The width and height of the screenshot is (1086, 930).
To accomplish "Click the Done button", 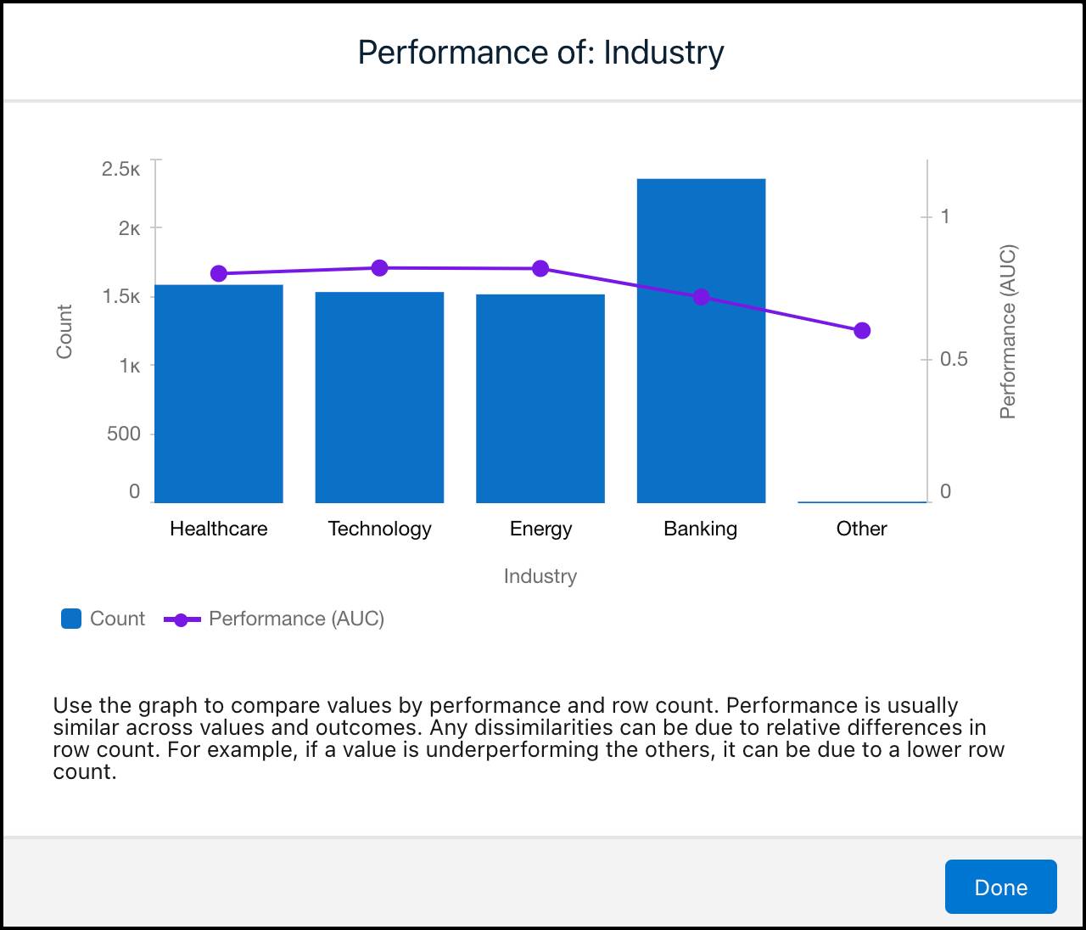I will point(1000,887).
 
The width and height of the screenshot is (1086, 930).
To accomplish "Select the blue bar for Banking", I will point(701,399).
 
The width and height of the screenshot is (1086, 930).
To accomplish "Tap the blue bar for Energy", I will point(540,399).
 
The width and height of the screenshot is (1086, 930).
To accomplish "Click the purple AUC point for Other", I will point(862,331).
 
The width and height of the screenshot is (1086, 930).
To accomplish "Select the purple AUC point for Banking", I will point(701,297).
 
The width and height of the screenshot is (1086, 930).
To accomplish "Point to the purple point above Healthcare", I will point(218,273).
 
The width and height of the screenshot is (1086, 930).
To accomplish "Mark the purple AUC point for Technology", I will point(379,268).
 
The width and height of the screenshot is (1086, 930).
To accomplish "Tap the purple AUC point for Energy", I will point(540,269).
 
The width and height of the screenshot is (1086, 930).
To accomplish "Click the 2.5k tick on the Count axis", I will point(121,169).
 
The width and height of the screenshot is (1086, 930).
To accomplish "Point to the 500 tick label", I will point(123,434).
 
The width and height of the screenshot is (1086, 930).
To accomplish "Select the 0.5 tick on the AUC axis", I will point(954,359).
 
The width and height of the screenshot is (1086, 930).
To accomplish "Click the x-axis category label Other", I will point(861,529).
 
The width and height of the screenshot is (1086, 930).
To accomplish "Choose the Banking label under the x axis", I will point(700,529).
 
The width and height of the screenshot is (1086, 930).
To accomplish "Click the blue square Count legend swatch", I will point(71,619).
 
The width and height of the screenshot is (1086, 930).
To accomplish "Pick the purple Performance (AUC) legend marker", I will point(182,619).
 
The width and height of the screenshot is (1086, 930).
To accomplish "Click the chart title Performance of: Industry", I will point(540,52).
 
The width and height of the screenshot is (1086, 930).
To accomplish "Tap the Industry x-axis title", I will point(540,576).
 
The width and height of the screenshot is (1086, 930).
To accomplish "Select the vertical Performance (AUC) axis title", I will point(1007,332).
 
